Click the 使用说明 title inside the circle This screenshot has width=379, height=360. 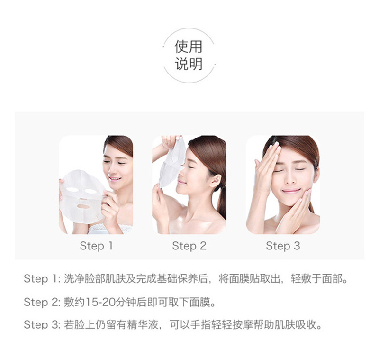pyautogui.click(x=188, y=55)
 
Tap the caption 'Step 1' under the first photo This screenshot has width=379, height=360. pyautogui.click(x=96, y=246)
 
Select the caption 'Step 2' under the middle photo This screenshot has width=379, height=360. pyautogui.click(x=189, y=246)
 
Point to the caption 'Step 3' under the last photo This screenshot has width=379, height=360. pyautogui.click(x=283, y=246)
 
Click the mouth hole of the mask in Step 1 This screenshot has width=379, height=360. pyautogui.click(x=83, y=206)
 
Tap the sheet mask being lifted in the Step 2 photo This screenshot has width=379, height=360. pyautogui.click(x=172, y=162)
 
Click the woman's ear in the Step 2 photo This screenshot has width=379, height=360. pyautogui.click(x=216, y=181)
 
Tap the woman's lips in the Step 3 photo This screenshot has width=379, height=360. pyautogui.click(x=291, y=191)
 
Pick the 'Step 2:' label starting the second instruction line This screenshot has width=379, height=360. pyautogui.click(x=42, y=303)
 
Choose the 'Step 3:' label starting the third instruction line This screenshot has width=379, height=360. pyautogui.click(x=42, y=325)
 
